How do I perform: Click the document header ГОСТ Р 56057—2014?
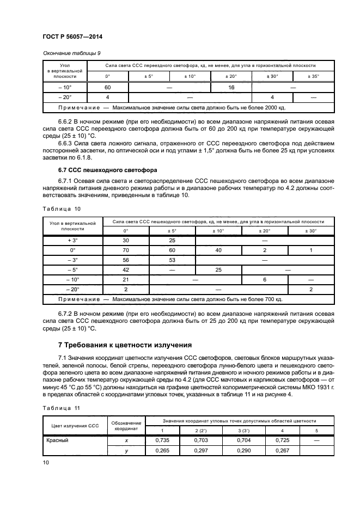coord(73,36)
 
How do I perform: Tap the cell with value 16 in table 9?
coord(230,87)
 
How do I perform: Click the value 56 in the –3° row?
coord(125,259)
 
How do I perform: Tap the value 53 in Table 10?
coord(172,259)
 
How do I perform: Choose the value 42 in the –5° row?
coord(125,269)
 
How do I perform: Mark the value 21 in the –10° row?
coord(125,279)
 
